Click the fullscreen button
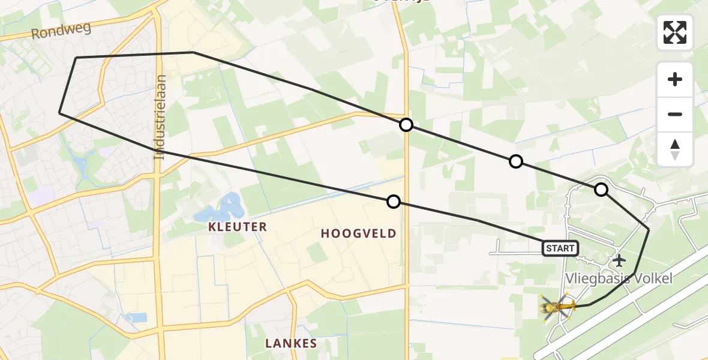coord(675,32)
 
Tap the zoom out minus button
coord(675,114)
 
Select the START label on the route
coord(560,248)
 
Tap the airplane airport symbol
coord(619,261)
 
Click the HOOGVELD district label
coord(359,233)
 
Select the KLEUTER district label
coord(238,227)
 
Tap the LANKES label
coord(291,343)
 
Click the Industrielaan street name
coord(160,117)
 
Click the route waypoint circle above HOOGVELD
coord(393,202)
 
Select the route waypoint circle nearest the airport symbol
coord(601,190)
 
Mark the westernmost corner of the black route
coord(59,112)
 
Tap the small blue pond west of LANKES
coord(137,317)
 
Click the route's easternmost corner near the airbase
coord(649,229)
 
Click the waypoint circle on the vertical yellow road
coord(406,125)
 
